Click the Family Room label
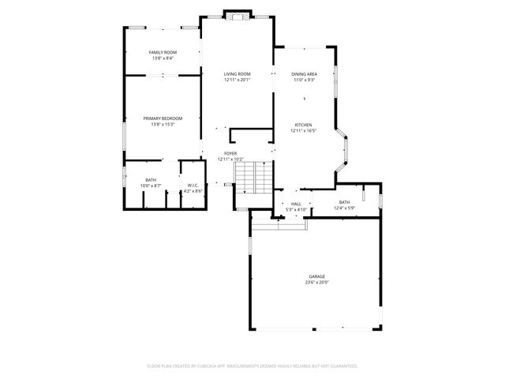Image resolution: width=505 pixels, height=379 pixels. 162,52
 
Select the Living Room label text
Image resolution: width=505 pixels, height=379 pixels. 237,73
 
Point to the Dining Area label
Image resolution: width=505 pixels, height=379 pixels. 304,73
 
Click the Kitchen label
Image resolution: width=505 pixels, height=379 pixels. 304,125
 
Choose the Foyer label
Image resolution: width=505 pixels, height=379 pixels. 230,153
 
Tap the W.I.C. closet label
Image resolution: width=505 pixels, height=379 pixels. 193,186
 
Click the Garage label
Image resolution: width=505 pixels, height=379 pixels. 316,276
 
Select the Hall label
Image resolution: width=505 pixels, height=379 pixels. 296,204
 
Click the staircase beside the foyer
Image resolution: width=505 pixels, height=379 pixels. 254,178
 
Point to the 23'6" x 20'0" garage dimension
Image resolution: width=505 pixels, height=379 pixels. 316,283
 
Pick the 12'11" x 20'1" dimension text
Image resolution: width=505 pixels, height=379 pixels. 237,80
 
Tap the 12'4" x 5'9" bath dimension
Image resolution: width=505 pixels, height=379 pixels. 345,208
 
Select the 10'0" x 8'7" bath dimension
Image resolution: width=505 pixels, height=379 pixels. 151,186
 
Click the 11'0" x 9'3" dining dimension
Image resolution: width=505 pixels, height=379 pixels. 304,80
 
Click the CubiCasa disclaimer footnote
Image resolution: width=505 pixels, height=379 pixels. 252,366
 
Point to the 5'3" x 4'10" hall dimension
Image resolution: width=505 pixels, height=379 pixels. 296,209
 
